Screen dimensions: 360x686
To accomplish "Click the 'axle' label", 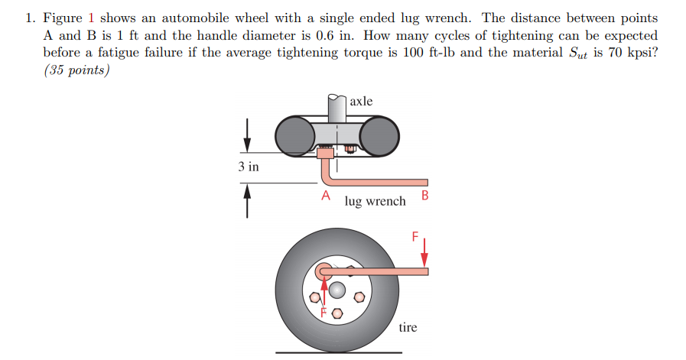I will (x=361, y=101).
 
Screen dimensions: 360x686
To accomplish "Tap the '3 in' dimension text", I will (x=248, y=167).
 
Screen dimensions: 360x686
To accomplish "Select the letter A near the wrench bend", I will (x=325, y=196).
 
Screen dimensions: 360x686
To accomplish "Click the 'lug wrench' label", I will (x=375, y=202).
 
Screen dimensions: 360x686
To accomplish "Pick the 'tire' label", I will (x=408, y=327).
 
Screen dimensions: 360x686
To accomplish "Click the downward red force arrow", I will (x=424, y=254).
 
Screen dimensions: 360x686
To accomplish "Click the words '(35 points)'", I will (x=76, y=70).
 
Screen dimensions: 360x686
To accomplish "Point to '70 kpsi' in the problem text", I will (x=629, y=53).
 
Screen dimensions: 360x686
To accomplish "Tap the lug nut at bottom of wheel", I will (x=335, y=313).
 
